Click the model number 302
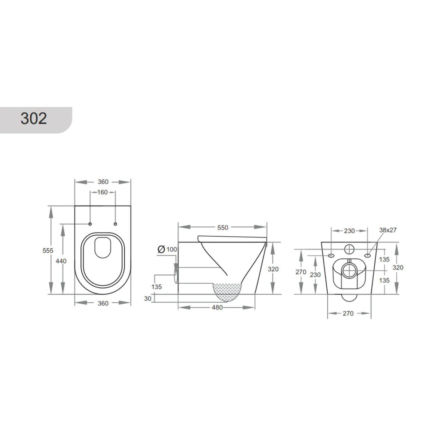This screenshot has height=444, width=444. [34, 119]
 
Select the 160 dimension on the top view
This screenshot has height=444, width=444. [103, 192]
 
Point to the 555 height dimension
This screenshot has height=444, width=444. [48, 250]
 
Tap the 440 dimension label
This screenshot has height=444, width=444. [61, 261]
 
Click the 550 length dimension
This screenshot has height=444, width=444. [222, 227]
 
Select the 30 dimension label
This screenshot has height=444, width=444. [148, 298]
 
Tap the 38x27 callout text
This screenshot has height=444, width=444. [388, 230]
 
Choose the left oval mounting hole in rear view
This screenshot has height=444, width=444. [331, 256]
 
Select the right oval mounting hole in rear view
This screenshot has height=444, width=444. [368, 256]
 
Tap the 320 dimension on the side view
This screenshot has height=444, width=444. [273, 269]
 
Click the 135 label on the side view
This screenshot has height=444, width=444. [156, 287]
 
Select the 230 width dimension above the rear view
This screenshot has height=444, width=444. [349, 230]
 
